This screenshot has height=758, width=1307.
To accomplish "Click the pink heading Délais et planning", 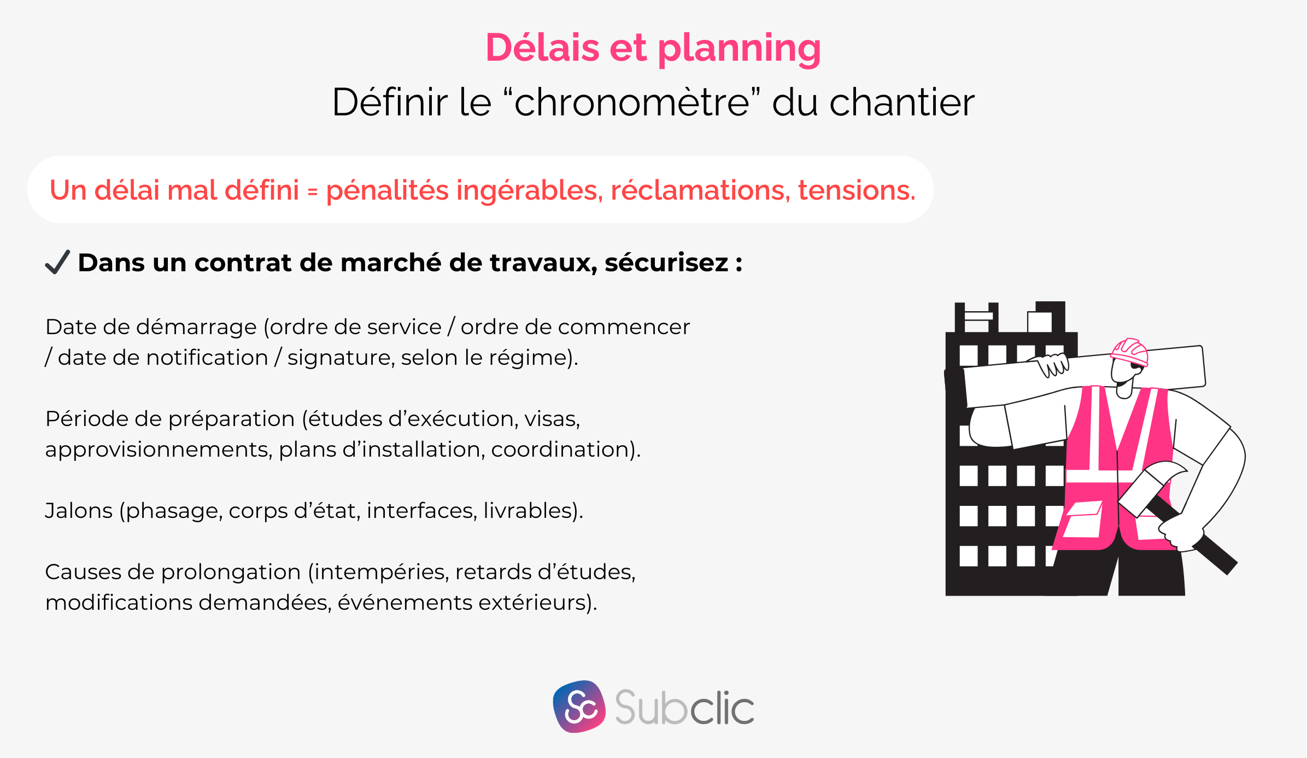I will (x=653, y=48).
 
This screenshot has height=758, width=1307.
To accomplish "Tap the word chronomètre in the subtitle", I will (x=631, y=102).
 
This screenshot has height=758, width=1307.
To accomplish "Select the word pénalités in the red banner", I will (x=388, y=190).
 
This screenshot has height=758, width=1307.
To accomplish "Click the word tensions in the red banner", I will (x=856, y=190).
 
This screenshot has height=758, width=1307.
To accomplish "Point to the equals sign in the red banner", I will (x=312, y=191).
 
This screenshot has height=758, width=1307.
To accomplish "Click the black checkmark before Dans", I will (x=57, y=262).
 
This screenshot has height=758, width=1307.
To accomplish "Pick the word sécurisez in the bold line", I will (x=666, y=263).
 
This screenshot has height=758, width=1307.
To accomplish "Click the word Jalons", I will (x=79, y=511).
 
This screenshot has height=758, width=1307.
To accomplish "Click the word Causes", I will (x=83, y=572).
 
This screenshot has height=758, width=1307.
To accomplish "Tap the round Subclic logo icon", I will (x=579, y=707).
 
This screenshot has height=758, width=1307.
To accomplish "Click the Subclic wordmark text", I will (x=684, y=708).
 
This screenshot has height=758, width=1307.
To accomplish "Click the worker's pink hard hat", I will (x=1130, y=351).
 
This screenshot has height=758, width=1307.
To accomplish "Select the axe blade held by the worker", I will (x=1151, y=484).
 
